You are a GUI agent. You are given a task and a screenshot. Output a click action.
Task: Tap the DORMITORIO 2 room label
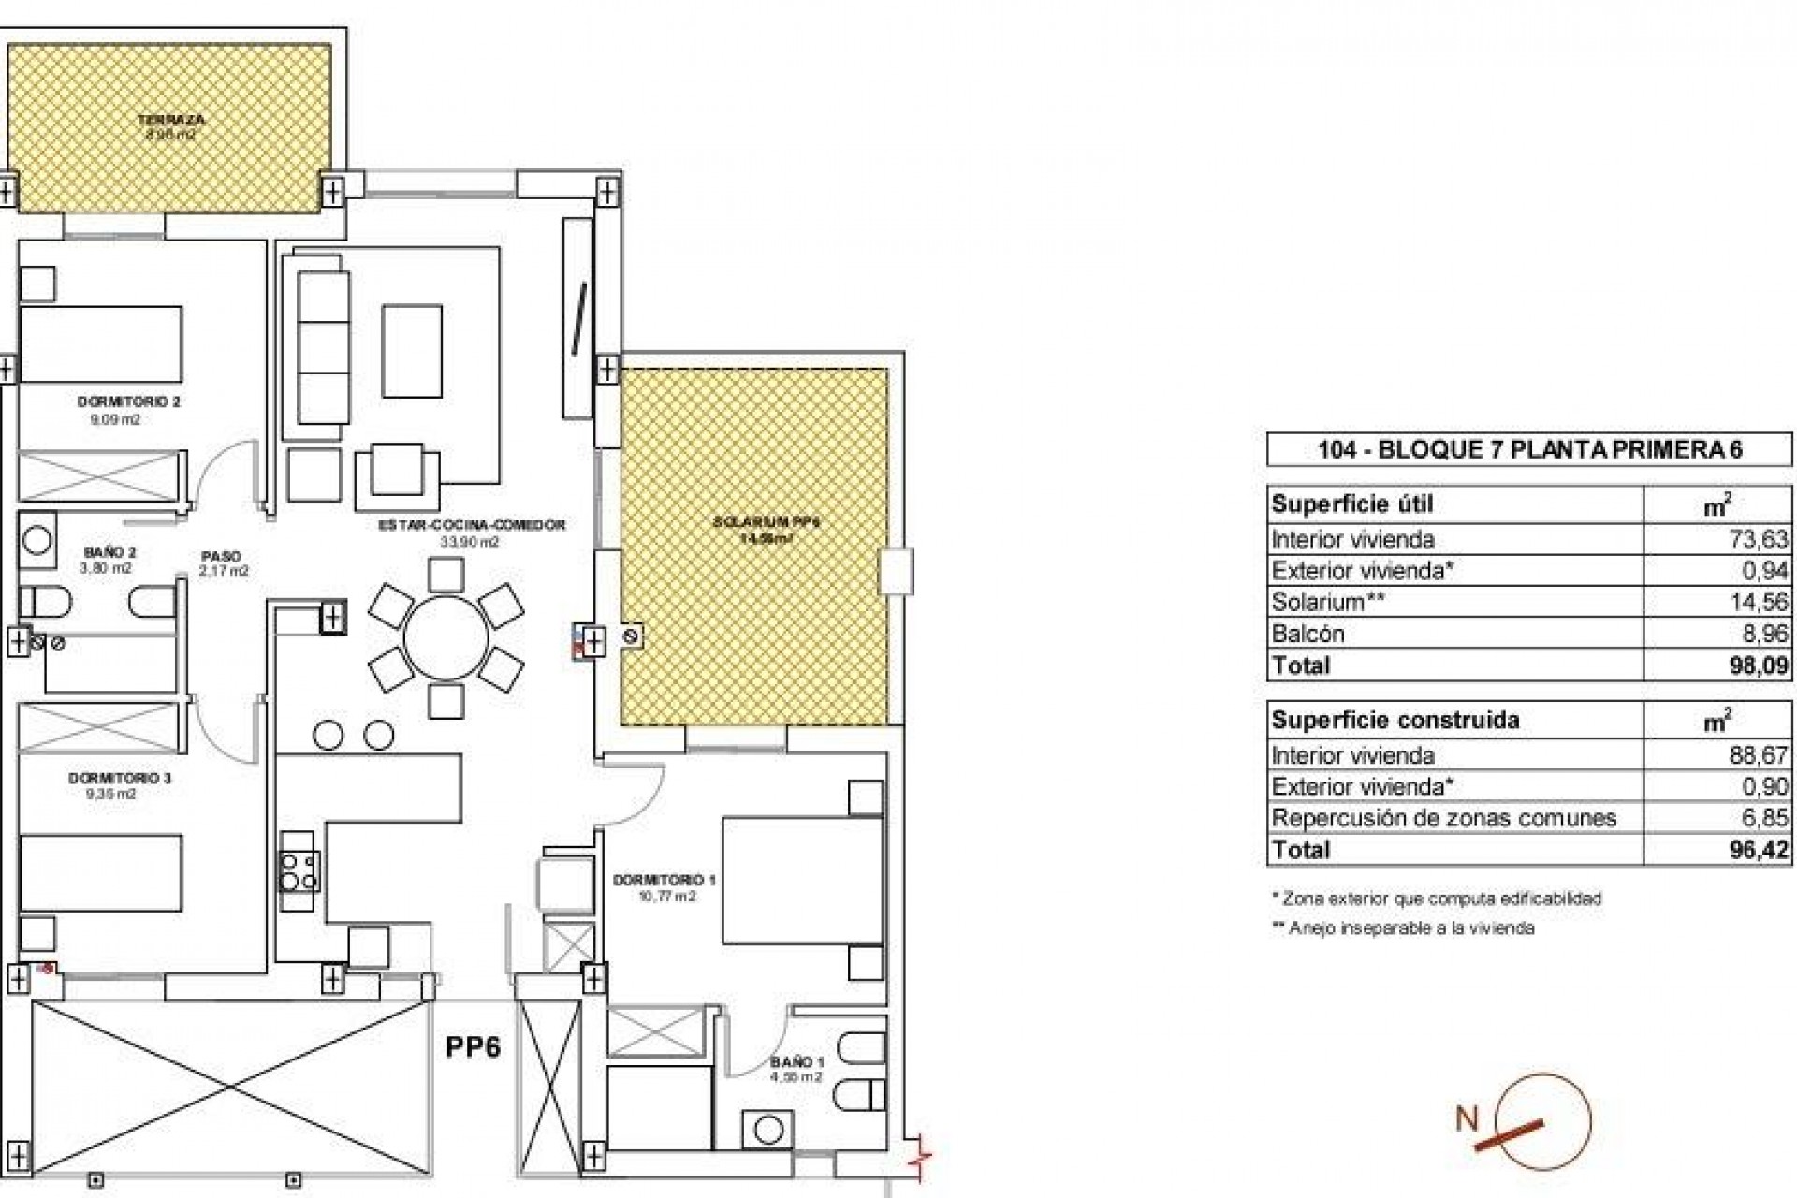(128, 402)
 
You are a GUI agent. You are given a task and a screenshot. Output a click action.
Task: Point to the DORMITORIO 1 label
(664, 880)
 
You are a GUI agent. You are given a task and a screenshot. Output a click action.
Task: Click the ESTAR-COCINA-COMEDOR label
(472, 526)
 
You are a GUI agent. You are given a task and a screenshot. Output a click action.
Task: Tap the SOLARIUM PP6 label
(766, 522)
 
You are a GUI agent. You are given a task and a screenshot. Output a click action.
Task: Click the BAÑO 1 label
(796, 1061)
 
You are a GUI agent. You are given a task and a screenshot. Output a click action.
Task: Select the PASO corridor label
(221, 555)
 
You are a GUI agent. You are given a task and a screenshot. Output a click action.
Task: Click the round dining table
(446, 638)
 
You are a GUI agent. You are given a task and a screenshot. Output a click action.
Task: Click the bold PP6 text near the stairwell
(473, 1045)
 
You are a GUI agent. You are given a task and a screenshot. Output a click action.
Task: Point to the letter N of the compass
(1467, 1118)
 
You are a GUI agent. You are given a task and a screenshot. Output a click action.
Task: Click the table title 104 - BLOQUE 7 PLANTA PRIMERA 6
(1529, 449)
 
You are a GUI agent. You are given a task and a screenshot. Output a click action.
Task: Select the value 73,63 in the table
(1759, 539)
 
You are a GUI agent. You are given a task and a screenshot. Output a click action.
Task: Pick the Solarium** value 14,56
(1759, 602)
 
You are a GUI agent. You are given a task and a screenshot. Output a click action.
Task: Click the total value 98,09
(1759, 665)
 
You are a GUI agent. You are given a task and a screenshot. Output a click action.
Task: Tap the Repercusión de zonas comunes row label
(1443, 818)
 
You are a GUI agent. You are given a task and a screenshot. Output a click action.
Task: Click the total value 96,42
(1759, 850)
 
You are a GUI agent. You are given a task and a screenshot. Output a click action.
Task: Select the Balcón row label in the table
(1308, 634)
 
